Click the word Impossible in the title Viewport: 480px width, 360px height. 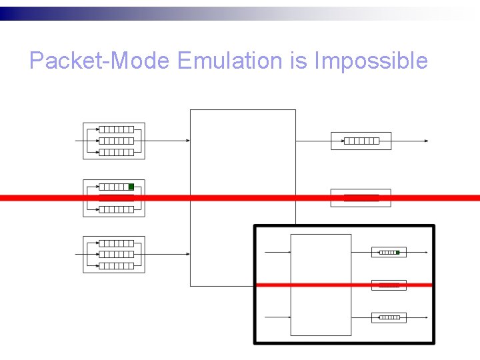tap(371, 61)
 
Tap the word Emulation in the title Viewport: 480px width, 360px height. tap(231, 61)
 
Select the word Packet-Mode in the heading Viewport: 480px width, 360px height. tap(101, 61)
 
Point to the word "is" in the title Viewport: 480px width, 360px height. tap(297, 61)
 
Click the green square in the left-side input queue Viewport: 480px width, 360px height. tap(131, 187)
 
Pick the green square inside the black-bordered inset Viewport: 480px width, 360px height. tap(397, 253)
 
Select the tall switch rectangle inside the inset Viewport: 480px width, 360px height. tap(321, 285)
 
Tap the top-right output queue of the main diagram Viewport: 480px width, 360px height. tap(361, 141)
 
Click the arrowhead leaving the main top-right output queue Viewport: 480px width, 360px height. tap(426, 141)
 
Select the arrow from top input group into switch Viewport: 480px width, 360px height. tap(167, 141)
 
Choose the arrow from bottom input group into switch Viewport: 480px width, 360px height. tap(167, 254)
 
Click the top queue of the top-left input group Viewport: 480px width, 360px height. tap(116, 129)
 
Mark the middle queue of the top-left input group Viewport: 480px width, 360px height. tap(116, 141)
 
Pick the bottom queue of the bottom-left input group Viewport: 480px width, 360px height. tap(116, 265)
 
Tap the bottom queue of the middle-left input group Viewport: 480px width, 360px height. tap(116, 209)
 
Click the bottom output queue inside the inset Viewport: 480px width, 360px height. tap(389, 317)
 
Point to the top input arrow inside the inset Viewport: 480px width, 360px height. tap(278, 253)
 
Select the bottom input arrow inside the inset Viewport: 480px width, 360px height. tap(278, 317)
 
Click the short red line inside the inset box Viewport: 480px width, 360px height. tap(389, 285)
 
